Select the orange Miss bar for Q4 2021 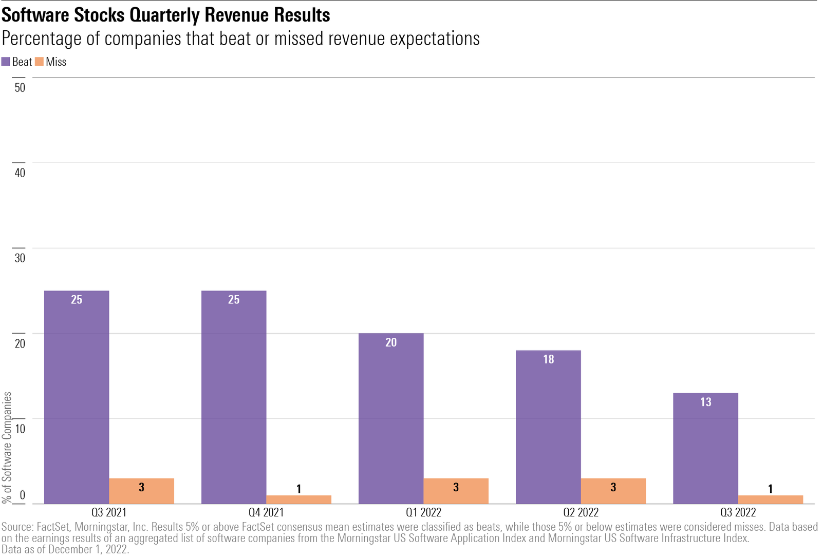[298, 499]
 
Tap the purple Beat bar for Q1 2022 [391, 418]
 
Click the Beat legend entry [17, 62]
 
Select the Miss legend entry [51, 62]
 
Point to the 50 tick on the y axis [20, 88]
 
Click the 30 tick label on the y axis [20, 258]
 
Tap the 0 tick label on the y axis [22, 495]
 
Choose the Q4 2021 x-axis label [266, 512]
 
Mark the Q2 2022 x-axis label [581, 512]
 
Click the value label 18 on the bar [548, 359]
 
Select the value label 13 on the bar [705, 402]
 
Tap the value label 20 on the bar [391, 342]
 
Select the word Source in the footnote [17, 527]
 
